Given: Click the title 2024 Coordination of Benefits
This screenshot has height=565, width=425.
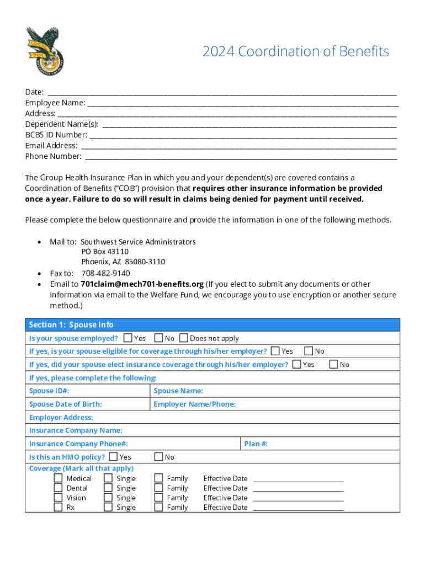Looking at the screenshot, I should [x=295, y=52].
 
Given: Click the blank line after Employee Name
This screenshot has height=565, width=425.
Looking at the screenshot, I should [x=242, y=103].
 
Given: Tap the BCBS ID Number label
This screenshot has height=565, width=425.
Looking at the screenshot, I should [x=56, y=135].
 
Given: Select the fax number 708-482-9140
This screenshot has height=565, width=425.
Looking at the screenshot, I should [x=105, y=273].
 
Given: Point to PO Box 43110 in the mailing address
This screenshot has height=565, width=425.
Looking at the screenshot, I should [x=105, y=252].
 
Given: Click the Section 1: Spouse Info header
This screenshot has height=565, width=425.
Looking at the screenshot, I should [x=71, y=325].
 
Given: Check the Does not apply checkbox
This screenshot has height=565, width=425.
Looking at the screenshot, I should [x=184, y=338].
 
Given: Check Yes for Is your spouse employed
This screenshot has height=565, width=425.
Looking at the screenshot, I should [x=128, y=338].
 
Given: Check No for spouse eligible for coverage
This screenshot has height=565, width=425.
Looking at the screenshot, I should [x=309, y=351].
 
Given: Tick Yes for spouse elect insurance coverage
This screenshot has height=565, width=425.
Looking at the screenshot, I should [x=297, y=364].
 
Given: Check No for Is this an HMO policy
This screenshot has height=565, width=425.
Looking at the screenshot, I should [x=158, y=457].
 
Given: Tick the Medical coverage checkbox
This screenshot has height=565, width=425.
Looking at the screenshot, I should [x=58, y=478].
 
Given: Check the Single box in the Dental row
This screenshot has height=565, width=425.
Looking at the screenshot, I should [x=108, y=488].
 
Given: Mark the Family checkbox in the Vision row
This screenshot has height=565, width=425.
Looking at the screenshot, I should [x=158, y=498].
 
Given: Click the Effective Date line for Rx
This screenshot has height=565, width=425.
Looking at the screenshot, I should [x=298, y=508].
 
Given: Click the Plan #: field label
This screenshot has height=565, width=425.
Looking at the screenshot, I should [x=256, y=444].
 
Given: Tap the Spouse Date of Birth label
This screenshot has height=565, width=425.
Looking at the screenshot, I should [x=65, y=404].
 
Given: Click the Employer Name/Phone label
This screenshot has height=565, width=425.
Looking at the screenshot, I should [x=194, y=404].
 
